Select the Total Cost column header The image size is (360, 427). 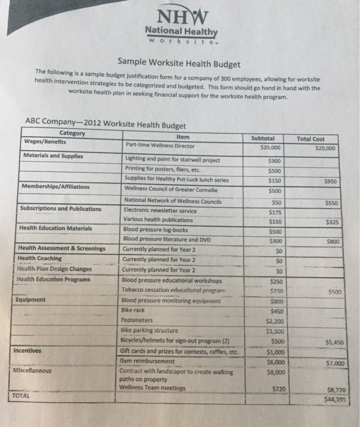point(311,139)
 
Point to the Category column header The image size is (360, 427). point(73,134)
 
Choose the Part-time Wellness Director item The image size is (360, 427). point(160,145)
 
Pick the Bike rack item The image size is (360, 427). point(133,310)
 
